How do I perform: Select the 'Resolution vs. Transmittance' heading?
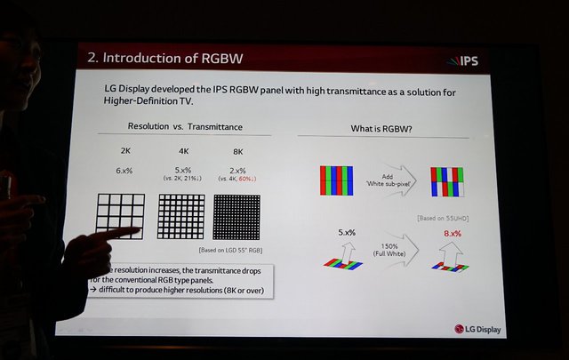185,128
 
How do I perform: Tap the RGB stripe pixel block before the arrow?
336,181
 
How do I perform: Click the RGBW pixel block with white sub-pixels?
446,182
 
